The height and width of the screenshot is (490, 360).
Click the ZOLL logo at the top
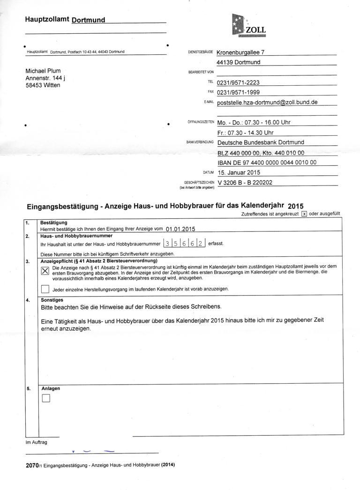point(249,25)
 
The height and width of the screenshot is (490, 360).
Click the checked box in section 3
point(45,271)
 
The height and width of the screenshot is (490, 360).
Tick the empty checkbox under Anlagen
point(45,399)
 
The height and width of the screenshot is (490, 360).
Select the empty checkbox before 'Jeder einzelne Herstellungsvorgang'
point(45,289)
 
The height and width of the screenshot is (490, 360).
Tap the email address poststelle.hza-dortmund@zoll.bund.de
point(268,102)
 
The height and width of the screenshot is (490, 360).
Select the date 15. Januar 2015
point(239,172)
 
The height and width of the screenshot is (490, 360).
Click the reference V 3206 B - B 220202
point(245,183)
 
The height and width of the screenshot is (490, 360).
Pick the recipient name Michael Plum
point(43,71)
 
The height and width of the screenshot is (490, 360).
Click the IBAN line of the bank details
point(267,163)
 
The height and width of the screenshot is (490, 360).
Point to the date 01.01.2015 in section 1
point(180,229)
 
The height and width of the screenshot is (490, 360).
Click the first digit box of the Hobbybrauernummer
point(167,244)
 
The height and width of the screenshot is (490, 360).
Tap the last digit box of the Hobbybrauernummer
point(201,244)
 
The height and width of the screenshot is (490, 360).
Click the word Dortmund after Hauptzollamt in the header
point(88,20)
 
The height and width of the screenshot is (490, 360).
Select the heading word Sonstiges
point(52,300)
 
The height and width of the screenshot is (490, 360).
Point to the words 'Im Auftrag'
point(36,442)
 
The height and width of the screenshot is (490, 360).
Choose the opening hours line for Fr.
point(245,133)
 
